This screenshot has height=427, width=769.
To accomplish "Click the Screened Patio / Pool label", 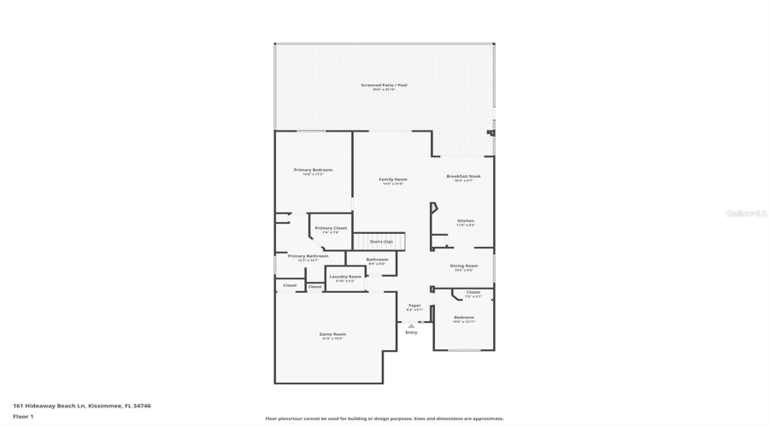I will point(383,86).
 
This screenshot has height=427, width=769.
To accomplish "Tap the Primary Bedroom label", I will point(313,170).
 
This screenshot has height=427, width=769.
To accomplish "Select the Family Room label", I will point(393,179).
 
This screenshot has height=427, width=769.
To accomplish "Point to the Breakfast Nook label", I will point(464,176).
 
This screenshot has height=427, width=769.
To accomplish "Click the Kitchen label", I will point(466,220).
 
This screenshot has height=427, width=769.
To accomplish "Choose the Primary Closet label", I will point(331,228).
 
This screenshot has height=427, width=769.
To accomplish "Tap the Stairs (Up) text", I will point(381,242).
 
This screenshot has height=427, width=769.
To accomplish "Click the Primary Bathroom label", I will point(308,256).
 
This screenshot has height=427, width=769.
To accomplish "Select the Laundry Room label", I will point(345,277).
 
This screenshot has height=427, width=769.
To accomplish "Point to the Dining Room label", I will point(464,266).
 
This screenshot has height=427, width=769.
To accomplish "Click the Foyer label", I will point(414,305).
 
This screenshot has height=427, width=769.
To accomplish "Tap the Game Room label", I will point(332,334).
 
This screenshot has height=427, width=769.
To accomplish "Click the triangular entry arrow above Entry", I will point(412,325).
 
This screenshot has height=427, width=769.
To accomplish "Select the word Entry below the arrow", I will point(412,332).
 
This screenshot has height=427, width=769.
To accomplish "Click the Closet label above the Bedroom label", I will point(473,292).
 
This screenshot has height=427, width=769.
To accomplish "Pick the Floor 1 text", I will point(23,416).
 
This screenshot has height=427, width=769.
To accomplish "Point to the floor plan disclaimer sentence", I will point(384,418).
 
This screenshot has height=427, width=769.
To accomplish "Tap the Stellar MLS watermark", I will point(746,213).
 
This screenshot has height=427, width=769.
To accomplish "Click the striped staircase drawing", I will point(379,242).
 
